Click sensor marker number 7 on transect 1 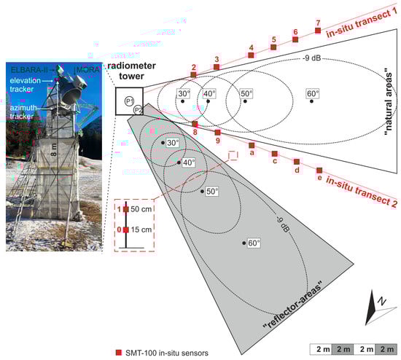(318, 31)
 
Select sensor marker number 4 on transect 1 (251, 55)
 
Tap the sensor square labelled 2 (194, 74)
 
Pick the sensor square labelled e (319, 171)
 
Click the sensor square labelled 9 (218, 133)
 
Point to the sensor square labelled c (274, 154)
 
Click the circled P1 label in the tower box (129, 101)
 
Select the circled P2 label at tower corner (138, 110)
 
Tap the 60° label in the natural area (313, 93)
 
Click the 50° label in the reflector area (212, 192)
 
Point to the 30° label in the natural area (184, 93)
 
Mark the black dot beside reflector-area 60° (244, 243)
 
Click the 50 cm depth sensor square (126, 209)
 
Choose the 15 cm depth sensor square (126, 230)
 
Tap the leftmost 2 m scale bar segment (321, 349)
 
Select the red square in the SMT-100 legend (119, 353)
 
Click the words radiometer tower (131, 71)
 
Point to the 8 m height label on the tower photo (54, 149)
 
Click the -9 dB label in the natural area (311, 58)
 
